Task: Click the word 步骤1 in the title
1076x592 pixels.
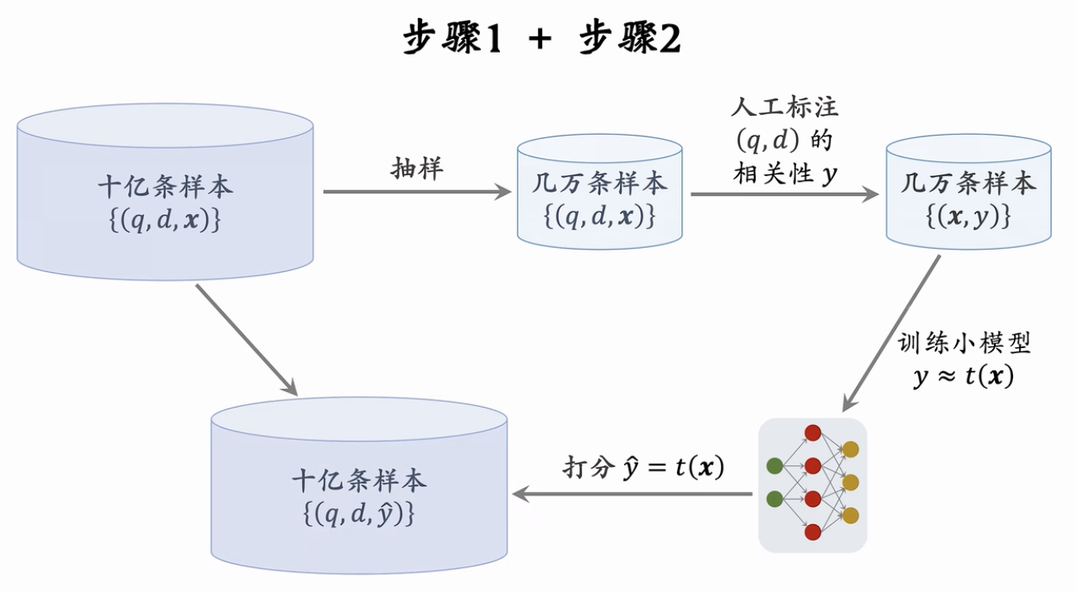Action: (x=453, y=39)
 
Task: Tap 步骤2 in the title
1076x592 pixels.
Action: (x=631, y=39)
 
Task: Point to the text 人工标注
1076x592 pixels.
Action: (x=785, y=107)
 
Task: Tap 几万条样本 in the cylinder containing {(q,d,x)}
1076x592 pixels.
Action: (x=599, y=183)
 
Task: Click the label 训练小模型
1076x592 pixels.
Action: (x=964, y=343)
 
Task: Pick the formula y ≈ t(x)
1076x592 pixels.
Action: (x=963, y=377)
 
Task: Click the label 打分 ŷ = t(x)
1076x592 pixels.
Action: (x=643, y=468)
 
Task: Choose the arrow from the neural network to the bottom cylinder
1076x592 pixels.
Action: (x=633, y=494)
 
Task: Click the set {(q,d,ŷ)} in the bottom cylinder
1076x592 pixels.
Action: (x=358, y=513)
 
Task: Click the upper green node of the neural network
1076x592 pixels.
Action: (x=775, y=465)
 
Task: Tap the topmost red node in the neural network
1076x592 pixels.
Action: (x=813, y=432)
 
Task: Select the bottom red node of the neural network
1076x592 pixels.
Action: (x=813, y=532)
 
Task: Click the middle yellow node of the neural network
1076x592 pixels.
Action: (x=850, y=482)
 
